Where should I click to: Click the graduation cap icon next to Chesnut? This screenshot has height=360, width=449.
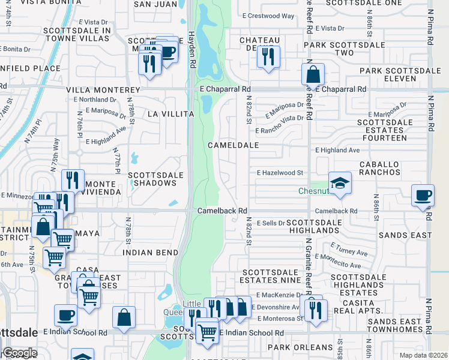(340, 183)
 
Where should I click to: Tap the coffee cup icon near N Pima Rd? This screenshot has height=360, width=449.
(423, 195)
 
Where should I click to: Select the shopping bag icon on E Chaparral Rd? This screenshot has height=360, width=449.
(313, 75)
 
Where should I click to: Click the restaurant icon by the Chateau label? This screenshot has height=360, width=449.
(268, 56)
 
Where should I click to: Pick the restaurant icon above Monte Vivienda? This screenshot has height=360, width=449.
(73, 179)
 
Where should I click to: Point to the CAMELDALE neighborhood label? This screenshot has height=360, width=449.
(234, 145)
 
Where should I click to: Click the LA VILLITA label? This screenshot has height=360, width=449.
(171, 113)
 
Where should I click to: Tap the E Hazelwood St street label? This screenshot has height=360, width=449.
(280, 173)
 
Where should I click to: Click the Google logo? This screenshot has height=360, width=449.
(20, 353)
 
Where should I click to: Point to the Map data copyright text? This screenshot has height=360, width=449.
(423, 355)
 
